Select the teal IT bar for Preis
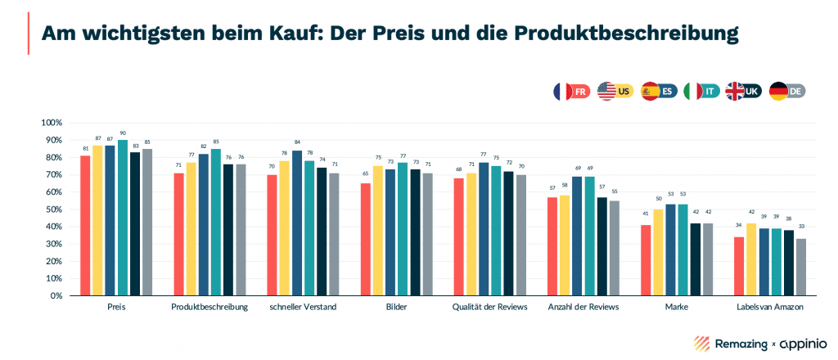pos(122,218)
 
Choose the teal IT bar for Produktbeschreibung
pos(215,222)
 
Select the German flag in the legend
pos(778,91)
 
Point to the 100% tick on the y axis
pos(51,123)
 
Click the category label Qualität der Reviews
pos(489,308)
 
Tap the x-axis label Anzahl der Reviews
pos(583,308)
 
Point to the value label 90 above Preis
pos(122,133)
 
